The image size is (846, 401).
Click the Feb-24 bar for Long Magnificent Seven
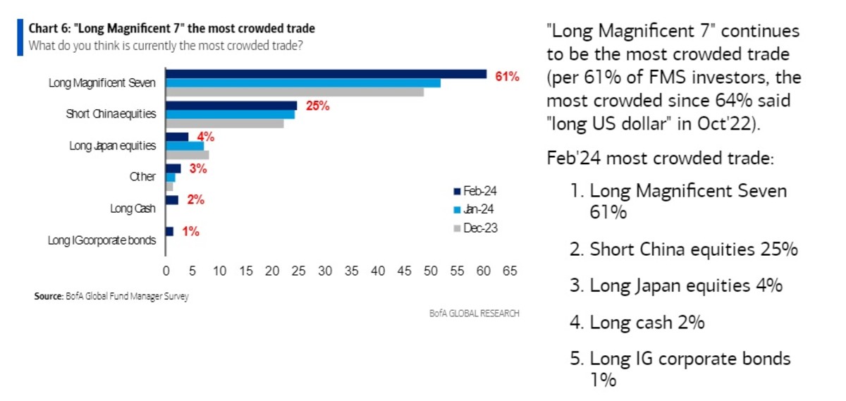click(x=326, y=74)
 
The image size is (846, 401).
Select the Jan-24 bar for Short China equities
click(x=230, y=114)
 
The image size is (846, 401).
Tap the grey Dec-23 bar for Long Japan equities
click(x=187, y=155)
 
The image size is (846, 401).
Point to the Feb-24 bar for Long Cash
click(x=172, y=200)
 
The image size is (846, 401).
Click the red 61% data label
click(x=507, y=76)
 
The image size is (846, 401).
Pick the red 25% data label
click(x=318, y=106)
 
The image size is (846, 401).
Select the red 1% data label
click(x=190, y=230)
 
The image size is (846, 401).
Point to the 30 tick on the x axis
click(x=325, y=270)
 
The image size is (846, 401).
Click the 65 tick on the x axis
click(x=509, y=270)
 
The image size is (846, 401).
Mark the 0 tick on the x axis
click(x=166, y=270)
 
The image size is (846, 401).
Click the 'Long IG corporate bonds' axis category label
click(x=101, y=240)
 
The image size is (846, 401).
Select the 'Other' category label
click(x=143, y=177)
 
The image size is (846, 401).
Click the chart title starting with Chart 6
click(x=171, y=29)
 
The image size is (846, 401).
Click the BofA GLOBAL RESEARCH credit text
click(x=474, y=313)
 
